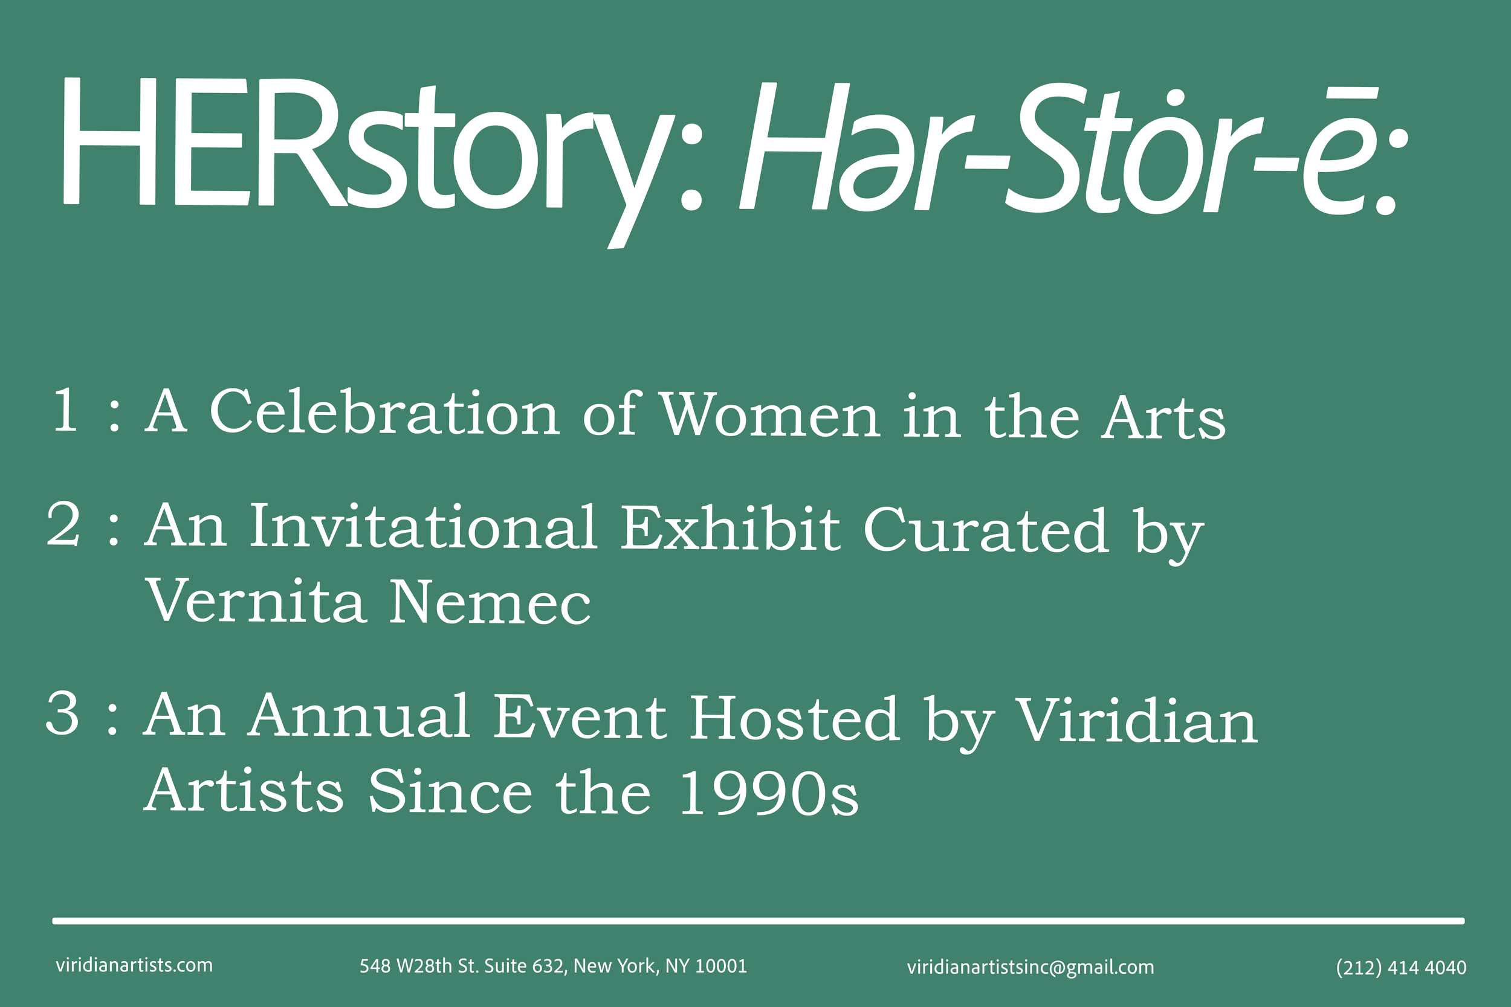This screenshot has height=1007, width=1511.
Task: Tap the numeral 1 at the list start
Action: click(65, 411)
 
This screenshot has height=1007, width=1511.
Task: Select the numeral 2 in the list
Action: click(63, 526)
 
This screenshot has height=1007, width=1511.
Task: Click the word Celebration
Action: click(384, 413)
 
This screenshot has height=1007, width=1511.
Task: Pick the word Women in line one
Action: click(770, 416)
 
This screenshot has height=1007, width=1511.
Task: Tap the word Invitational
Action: click(423, 527)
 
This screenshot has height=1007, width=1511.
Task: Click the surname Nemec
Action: click(490, 602)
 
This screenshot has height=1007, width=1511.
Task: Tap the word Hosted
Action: click(794, 719)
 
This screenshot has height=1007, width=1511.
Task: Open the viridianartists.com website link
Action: click(134, 965)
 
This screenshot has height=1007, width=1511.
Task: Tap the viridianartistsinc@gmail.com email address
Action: click(1031, 967)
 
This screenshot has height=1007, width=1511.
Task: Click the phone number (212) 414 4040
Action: click(1401, 968)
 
